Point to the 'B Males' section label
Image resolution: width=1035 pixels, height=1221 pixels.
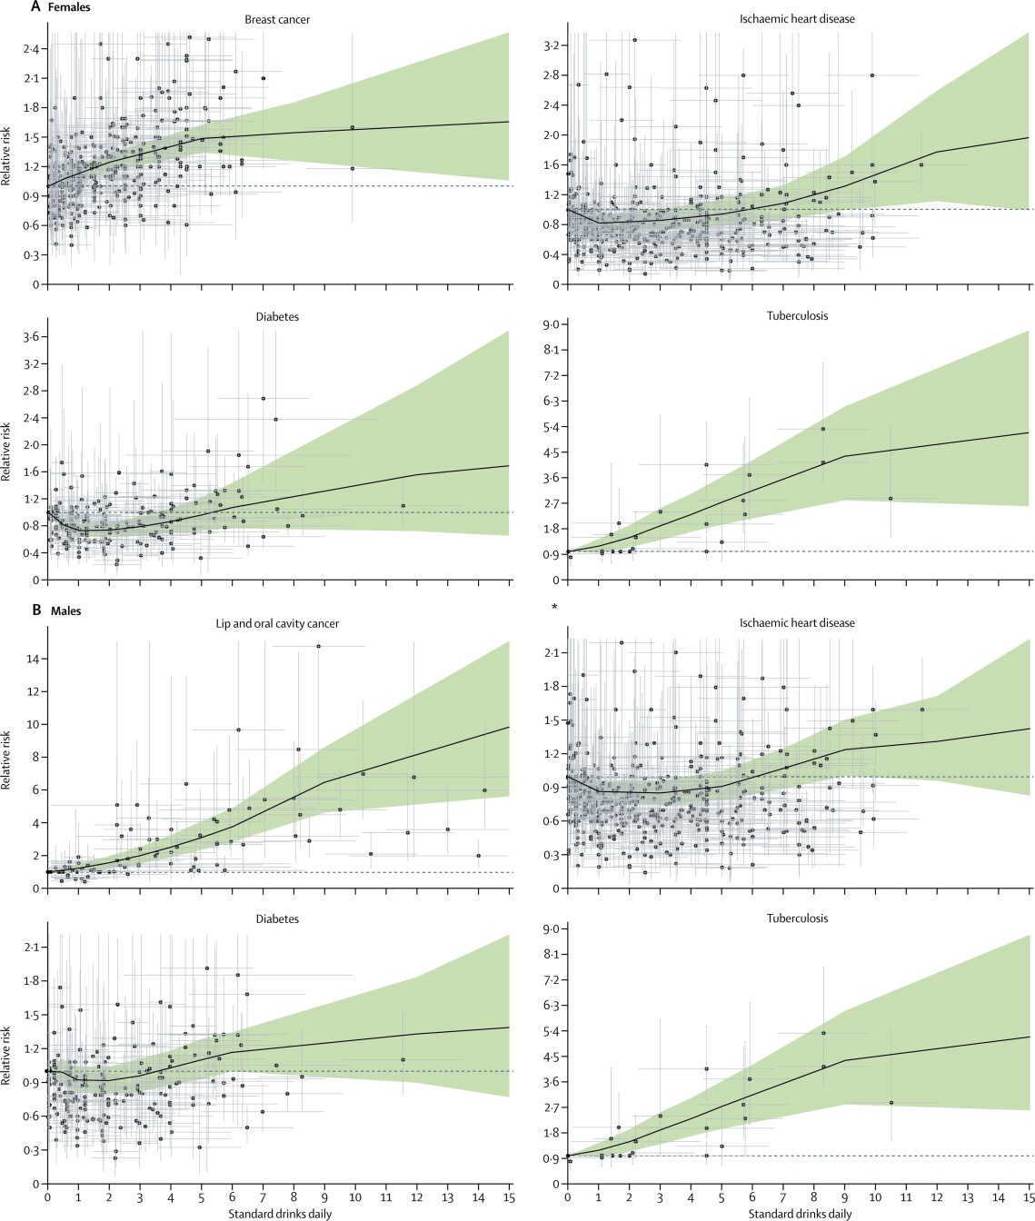pos(56,610)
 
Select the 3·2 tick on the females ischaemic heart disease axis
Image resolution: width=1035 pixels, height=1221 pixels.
pos(552,45)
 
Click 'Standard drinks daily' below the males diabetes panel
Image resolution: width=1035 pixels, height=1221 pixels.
pos(280,1213)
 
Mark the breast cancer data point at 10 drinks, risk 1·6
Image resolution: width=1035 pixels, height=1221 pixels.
pos(353,127)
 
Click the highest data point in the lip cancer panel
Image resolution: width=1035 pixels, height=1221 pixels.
pos(318,646)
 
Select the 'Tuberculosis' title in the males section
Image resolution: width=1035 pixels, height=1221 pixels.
pos(797,918)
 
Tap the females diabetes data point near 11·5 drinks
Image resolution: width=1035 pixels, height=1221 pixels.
pos(403,505)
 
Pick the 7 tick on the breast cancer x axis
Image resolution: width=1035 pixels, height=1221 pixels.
pos(263,297)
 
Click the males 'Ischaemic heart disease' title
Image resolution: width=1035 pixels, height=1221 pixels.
pos(797,623)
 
